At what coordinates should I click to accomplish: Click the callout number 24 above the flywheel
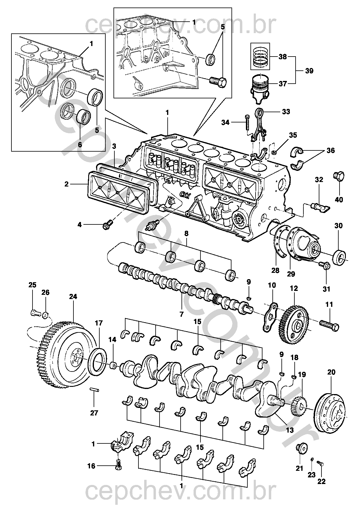(x=73, y=297)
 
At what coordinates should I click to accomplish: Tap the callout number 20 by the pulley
(x=331, y=372)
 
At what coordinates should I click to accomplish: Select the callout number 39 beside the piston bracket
(x=309, y=71)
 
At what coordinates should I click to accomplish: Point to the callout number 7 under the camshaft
(x=181, y=314)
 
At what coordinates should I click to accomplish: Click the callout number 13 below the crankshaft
(x=290, y=430)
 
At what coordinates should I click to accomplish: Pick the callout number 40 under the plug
(x=339, y=199)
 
